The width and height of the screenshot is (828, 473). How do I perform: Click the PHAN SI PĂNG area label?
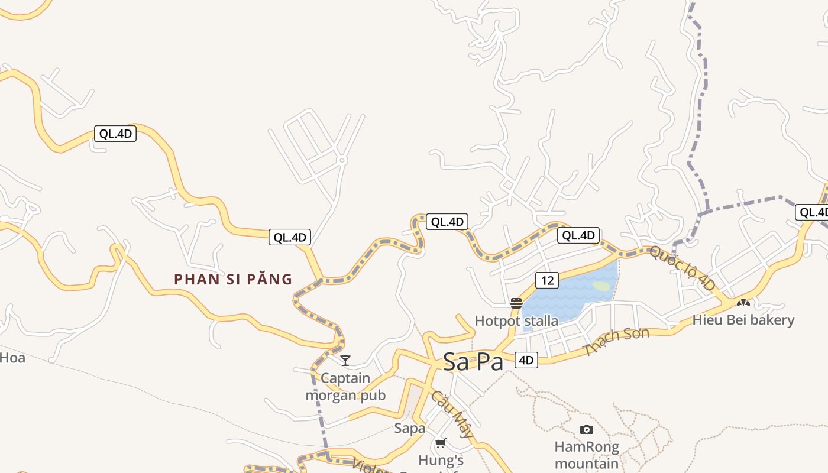[x=233, y=279]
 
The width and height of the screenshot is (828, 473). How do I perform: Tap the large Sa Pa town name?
[x=473, y=362]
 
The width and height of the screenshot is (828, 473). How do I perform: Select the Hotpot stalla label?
[x=516, y=321]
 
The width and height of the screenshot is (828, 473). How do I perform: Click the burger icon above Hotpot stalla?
[x=516, y=303]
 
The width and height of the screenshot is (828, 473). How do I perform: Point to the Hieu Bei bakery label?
[x=743, y=320]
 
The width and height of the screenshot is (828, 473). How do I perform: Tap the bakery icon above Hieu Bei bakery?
[x=743, y=303]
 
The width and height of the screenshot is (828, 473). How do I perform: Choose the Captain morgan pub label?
[x=345, y=387]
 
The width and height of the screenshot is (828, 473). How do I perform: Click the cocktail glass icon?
[x=345, y=360]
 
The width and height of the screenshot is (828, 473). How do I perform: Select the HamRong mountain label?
[x=587, y=455]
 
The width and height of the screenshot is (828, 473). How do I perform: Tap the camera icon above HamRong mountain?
[x=587, y=429]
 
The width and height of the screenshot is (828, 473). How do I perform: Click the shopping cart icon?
[x=440, y=443]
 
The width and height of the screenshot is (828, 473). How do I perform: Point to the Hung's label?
[x=441, y=460]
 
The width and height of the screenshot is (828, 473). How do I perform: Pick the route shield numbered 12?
[x=547, y=280]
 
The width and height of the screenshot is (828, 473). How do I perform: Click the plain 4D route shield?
[x=526, y=359]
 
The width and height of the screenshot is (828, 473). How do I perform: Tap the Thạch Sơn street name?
[x=616, y=341]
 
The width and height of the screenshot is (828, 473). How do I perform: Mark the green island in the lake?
[x=601, y=286]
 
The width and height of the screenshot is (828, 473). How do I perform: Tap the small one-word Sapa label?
[x=410, y=427]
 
